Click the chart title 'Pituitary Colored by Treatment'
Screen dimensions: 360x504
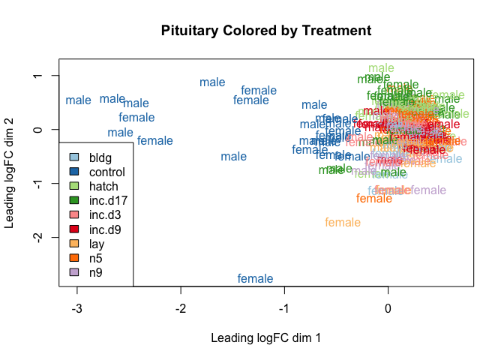click(266, 31)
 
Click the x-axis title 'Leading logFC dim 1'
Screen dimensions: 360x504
click(266, 338)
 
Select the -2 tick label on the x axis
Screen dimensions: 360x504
click(181, 308)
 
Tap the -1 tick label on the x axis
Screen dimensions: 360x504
click(284, 308)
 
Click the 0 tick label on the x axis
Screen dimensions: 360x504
click(388, 308)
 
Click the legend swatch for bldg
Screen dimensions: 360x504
click(73, 158)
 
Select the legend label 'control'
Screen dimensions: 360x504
click(107, 172)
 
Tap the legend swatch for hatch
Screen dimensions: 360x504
click(73, 187)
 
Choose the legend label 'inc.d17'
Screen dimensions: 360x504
click(107, 201)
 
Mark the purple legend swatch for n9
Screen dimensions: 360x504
click(73, 272)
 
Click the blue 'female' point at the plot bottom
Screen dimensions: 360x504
click(255, 279)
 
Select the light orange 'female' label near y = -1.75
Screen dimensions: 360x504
click(343, 223)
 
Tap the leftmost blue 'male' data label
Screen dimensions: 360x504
click(78, 100)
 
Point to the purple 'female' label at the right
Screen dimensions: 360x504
click(428, 190)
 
